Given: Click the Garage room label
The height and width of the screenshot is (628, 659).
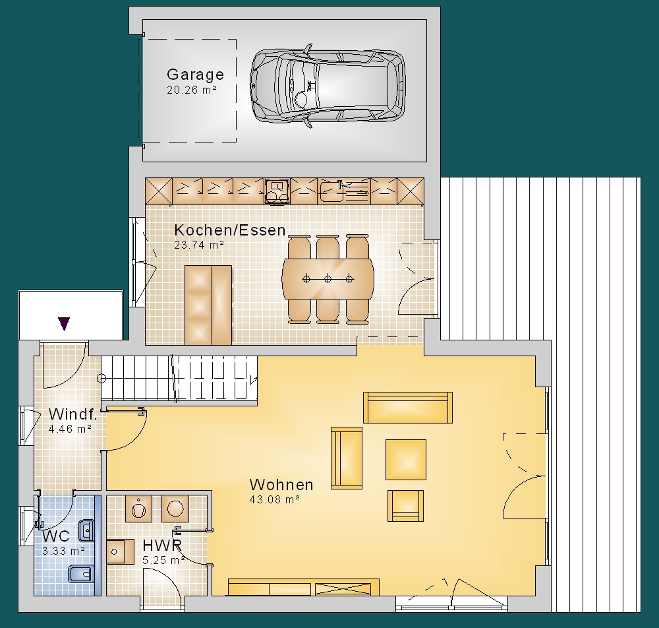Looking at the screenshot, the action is tap(196, 75).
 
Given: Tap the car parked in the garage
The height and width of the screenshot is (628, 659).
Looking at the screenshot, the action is tap(328, 86).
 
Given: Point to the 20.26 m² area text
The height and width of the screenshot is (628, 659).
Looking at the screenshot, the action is tap(192, 90).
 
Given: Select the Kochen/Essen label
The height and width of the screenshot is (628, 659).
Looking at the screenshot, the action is tap(230, 230).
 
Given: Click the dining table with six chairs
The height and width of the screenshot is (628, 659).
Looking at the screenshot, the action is tap(328, 279).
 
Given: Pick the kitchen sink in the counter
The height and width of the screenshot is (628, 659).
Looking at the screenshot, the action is tap(331, 191).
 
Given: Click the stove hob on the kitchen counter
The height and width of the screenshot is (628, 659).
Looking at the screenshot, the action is tap(277, 191).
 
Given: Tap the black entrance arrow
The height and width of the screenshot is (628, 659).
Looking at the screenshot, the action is tap(64, 323).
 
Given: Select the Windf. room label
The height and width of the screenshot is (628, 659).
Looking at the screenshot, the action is tap(72, 414).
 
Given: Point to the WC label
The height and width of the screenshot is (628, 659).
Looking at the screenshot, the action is tap(56, 536).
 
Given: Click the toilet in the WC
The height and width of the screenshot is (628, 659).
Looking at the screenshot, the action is tap(80, 574).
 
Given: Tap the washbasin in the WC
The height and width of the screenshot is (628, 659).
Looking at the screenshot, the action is tap(86, 530).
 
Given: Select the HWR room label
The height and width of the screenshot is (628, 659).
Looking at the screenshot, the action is tap(162, 546).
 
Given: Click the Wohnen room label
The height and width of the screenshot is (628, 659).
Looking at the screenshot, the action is tap(281, 485).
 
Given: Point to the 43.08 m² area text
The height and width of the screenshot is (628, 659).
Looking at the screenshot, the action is tap(274, 499).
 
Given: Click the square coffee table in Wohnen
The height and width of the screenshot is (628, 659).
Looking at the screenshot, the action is tap(406, 460).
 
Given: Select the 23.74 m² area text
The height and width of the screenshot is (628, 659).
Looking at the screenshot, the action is tap(199, 245).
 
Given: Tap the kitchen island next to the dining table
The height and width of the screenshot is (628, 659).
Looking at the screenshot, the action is tap(208, 305).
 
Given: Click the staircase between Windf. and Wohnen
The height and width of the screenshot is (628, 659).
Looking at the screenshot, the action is tap(179, 379).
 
